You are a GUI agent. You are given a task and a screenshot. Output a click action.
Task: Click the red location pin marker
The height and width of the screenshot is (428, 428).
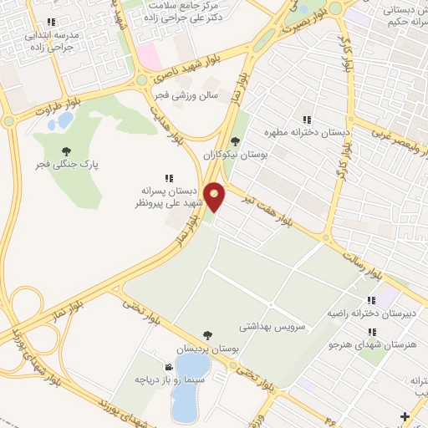[217, 196]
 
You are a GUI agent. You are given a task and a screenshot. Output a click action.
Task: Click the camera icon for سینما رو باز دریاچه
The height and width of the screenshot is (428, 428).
[169, 367]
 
